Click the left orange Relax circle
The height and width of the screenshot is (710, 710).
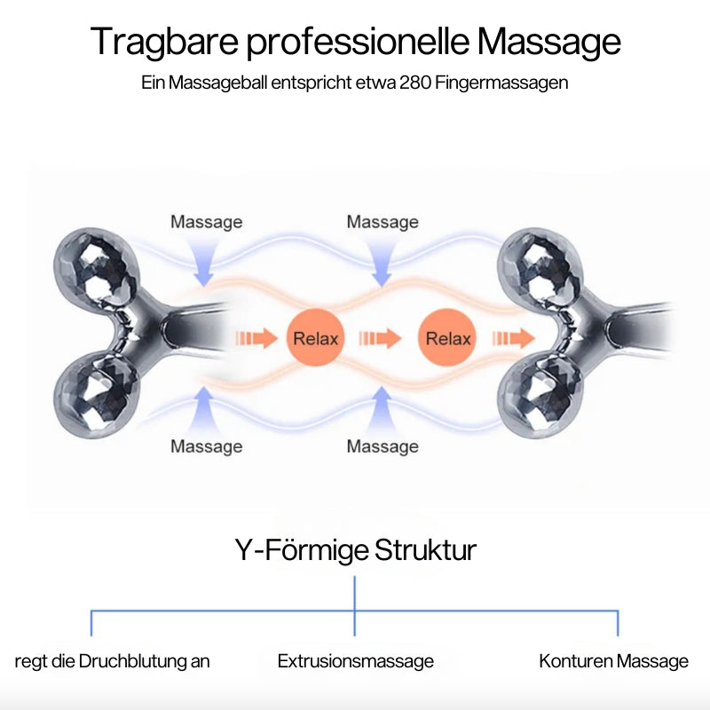pos(315,338)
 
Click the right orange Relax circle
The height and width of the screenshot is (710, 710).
pos(448,338)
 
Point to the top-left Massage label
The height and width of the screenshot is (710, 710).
pos(206,222)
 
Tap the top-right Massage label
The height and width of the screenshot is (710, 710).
pos(383,222)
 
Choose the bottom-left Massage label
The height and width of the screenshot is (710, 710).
pos(206,446)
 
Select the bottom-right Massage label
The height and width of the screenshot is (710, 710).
pos(383,446)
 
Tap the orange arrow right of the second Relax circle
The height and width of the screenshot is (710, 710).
pos(514,338)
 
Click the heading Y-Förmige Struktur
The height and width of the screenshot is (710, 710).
pos(355,550)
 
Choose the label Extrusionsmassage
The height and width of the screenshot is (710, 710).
pos(355,661)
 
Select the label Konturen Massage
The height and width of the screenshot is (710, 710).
pos(613,661)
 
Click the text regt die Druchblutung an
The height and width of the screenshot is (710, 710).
pos(113,661)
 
